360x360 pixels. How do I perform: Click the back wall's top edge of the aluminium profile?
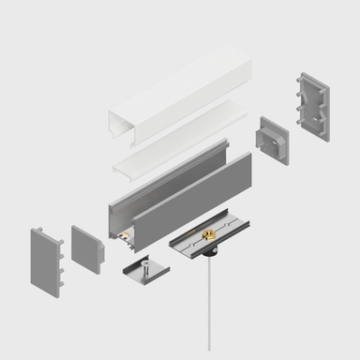[x=169, y=169]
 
